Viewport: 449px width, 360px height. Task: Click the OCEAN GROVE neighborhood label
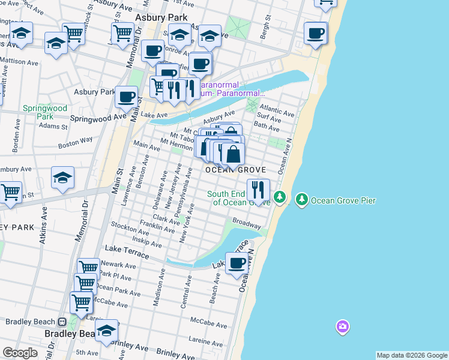(235, 170)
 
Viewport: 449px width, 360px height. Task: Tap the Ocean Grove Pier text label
(343, 200)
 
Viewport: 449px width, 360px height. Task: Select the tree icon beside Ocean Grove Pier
(301, 199)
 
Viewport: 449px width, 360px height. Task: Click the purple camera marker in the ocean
(342, 327)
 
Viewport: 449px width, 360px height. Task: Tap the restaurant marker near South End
(258, 190)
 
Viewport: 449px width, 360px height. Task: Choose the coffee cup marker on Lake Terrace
(238, 263)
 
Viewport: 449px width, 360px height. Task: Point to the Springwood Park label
(45, 112)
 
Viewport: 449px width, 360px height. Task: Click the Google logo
(20, 353)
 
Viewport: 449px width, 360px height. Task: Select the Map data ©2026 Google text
(412, 355)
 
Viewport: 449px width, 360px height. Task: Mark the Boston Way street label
(76, 142)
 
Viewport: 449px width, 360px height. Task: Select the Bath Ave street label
(267, 127)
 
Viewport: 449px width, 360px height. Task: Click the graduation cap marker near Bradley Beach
(106, 331)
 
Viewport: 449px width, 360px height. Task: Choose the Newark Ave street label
(118, 265)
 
